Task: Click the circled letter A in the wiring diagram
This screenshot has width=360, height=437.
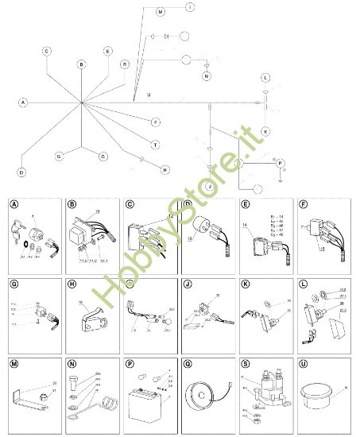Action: (23, 102)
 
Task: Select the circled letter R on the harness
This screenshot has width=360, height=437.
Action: (125, 64)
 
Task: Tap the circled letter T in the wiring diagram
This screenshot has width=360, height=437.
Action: (156, 145)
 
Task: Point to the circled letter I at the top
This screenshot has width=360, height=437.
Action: (190, 6)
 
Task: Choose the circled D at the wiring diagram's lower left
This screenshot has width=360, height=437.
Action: (21, 172)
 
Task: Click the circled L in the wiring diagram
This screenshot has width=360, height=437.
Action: (266, 78)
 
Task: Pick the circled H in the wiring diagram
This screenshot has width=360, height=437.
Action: (165, 169)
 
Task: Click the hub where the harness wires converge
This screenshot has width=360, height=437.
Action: (81, 103)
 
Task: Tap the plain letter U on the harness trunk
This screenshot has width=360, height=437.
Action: (148, 95)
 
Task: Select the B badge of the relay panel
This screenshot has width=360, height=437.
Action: (72, 204)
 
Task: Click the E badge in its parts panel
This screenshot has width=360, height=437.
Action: (245, 204)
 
